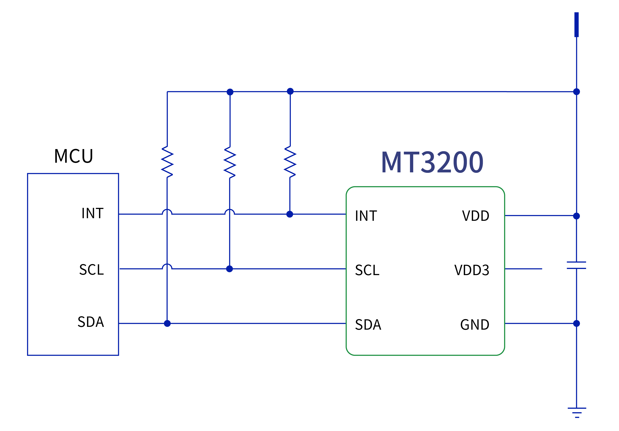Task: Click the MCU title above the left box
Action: [73, 156]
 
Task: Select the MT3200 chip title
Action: [432, 162]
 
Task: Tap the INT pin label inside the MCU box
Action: [92, 213]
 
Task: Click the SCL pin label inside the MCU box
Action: [91, 269]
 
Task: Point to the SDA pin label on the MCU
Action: [91, 322]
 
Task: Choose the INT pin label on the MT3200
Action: [366, 216]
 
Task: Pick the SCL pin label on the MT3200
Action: [367, 270]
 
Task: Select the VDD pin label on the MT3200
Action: [476, 216]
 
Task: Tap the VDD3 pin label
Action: [472, 270]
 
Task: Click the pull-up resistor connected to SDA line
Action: [167, 162]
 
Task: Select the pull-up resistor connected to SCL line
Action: [230, 162]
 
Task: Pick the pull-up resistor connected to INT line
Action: [290, 162]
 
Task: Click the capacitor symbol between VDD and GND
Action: [576, 265]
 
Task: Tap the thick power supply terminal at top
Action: [576, 24]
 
